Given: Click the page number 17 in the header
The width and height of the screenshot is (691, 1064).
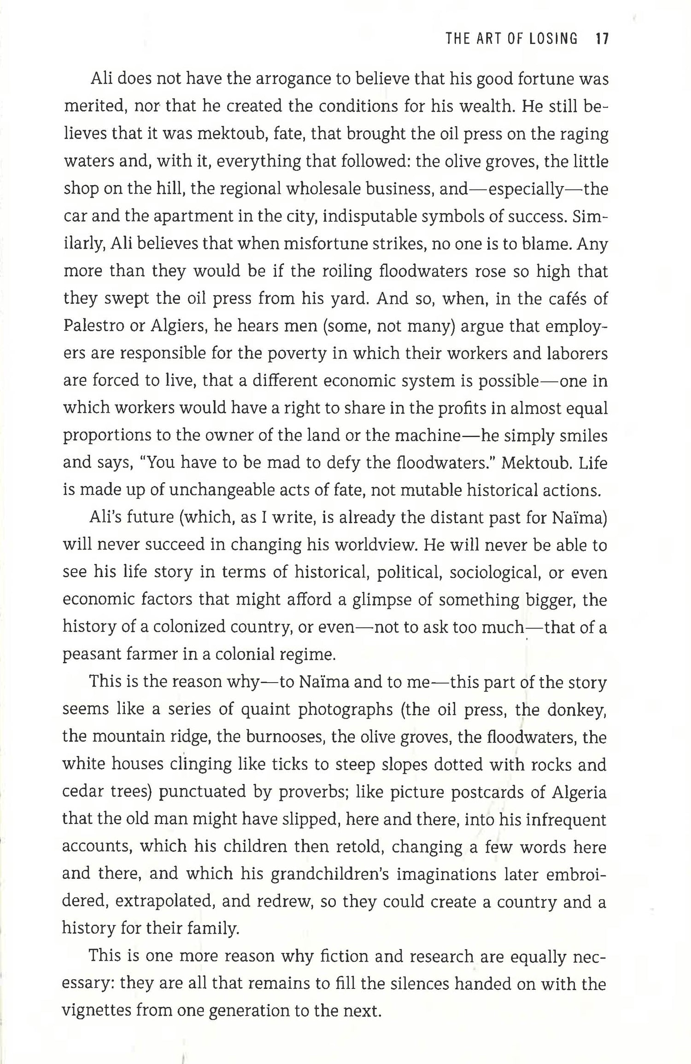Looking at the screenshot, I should [602, 39].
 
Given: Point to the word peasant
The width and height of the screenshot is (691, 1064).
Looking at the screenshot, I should [89, 655].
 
